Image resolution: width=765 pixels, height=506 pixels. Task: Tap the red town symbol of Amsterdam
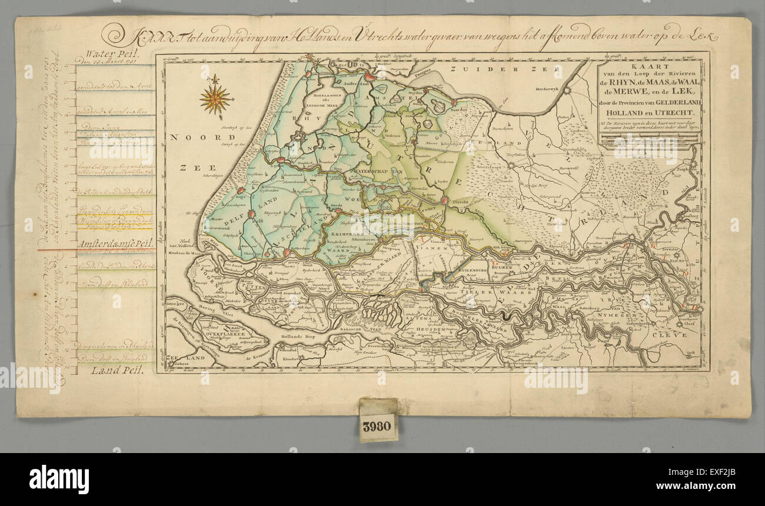coord(370,76)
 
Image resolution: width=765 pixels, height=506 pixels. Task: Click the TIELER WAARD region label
coord(462,292)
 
